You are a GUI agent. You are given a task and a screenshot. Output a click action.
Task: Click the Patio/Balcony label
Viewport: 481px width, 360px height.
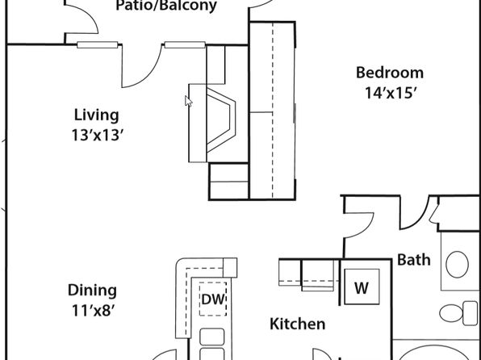[166, 6]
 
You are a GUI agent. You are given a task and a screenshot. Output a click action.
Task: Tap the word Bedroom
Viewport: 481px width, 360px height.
[390, 73]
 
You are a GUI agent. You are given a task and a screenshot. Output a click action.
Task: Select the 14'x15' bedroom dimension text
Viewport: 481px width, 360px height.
[390, 93]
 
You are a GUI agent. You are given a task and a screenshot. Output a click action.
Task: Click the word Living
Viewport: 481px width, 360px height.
[97, 115]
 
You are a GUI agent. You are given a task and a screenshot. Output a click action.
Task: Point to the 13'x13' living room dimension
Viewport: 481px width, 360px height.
[98, 135]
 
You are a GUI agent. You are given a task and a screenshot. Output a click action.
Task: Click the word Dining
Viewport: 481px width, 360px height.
[92, 291]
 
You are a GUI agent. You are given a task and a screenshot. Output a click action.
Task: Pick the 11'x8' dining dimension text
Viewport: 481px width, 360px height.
[94, 310]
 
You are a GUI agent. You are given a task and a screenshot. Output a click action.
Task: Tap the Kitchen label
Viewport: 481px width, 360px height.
[298, 324]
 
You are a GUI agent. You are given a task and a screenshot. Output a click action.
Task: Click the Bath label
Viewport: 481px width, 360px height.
[414, 260]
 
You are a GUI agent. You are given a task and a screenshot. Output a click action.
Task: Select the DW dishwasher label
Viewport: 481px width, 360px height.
[213, 299]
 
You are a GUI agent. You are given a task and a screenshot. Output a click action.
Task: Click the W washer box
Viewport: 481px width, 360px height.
[362, 287]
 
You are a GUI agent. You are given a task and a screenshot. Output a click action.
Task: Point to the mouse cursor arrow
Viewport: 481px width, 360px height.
[188, 101]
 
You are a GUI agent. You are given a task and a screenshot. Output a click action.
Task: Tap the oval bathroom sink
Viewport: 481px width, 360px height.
[457, 264]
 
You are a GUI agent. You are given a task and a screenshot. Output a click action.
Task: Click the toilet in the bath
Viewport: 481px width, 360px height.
[458, 313]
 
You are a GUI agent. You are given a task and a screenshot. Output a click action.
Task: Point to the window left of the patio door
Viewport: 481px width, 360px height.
[97, 45]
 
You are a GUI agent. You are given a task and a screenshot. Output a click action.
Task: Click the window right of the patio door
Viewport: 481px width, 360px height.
[185, 45]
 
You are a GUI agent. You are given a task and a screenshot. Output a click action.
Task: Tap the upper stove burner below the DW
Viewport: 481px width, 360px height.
[211, 337]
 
